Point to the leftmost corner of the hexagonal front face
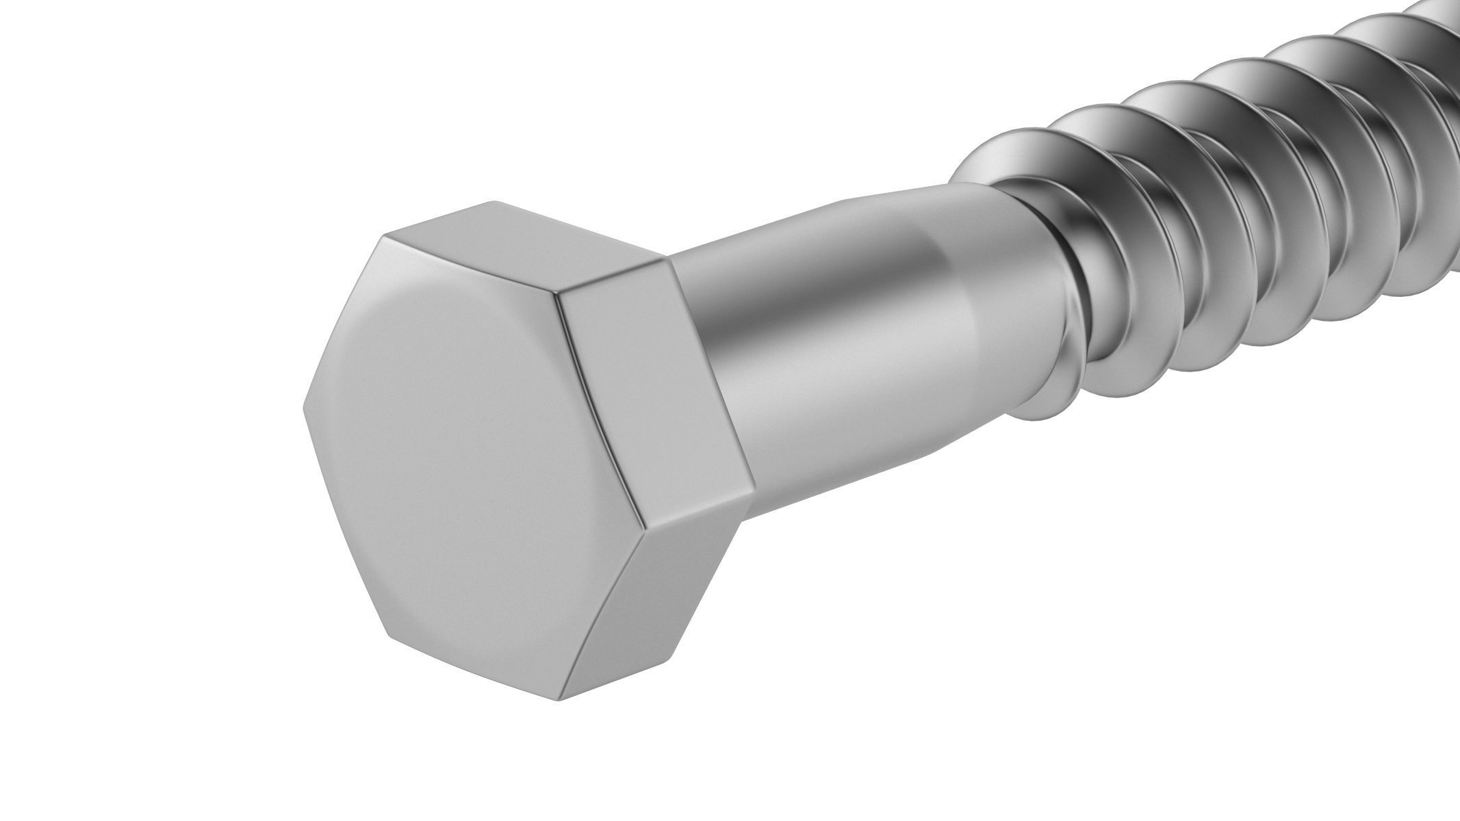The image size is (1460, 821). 303,410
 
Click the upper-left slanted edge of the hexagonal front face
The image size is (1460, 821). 342,322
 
